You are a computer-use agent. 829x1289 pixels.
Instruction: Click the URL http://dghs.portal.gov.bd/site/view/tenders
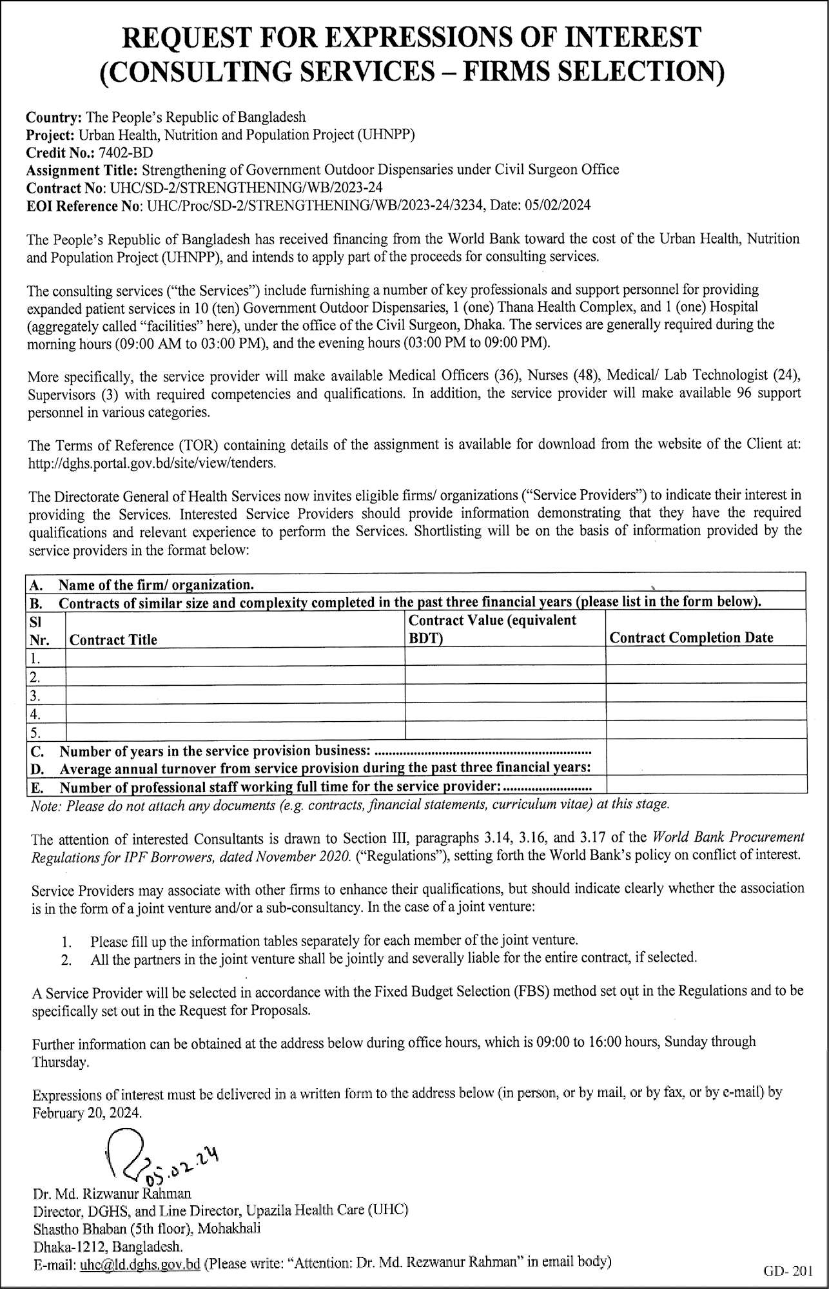(x=153, y=463)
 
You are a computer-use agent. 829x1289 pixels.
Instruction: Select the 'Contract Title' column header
(x=113, y=640)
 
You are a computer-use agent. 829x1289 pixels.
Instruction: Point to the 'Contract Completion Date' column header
(x=691, y=638)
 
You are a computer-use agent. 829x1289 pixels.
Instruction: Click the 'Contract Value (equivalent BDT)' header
(x=493, y=629)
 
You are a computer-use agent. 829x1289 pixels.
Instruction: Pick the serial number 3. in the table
(x=35, y=696)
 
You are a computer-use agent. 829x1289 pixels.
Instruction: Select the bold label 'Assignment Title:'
(x=82, y=170)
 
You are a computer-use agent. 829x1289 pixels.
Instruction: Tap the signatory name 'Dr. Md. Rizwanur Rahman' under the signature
(x=112, y=1193)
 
